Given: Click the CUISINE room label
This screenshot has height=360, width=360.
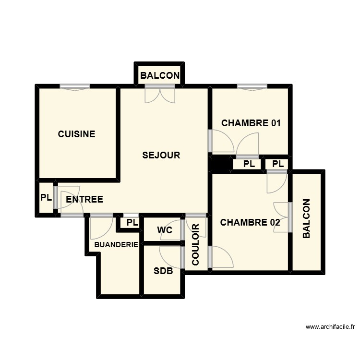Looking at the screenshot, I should [76, 134].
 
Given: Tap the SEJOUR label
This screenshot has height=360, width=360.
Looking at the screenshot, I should [161, 155].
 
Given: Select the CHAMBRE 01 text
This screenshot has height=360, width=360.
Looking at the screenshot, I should [251, 123].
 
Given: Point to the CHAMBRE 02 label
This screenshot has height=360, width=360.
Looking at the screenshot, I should [250, 222].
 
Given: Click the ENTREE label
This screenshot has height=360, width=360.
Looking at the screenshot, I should [84, 199].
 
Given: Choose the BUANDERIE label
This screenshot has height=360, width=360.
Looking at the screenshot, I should [116, 245].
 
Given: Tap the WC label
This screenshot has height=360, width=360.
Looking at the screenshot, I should [165, 230].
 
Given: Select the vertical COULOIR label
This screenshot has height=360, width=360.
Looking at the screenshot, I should [196, 245].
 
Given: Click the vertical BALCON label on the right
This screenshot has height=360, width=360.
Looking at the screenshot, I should [307, 219].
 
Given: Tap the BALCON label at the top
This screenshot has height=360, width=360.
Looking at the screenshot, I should [160, 75].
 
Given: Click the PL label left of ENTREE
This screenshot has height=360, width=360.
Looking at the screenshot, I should [46, 197].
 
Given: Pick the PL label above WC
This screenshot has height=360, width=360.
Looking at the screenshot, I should [132, 223].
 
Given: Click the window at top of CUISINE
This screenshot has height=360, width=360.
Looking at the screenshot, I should [75, 87].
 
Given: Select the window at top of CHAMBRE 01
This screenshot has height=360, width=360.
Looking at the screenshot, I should [252, 87].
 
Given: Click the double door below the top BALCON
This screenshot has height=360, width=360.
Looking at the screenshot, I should [160, 94].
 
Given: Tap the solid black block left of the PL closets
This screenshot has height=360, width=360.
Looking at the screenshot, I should [221, 164].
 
